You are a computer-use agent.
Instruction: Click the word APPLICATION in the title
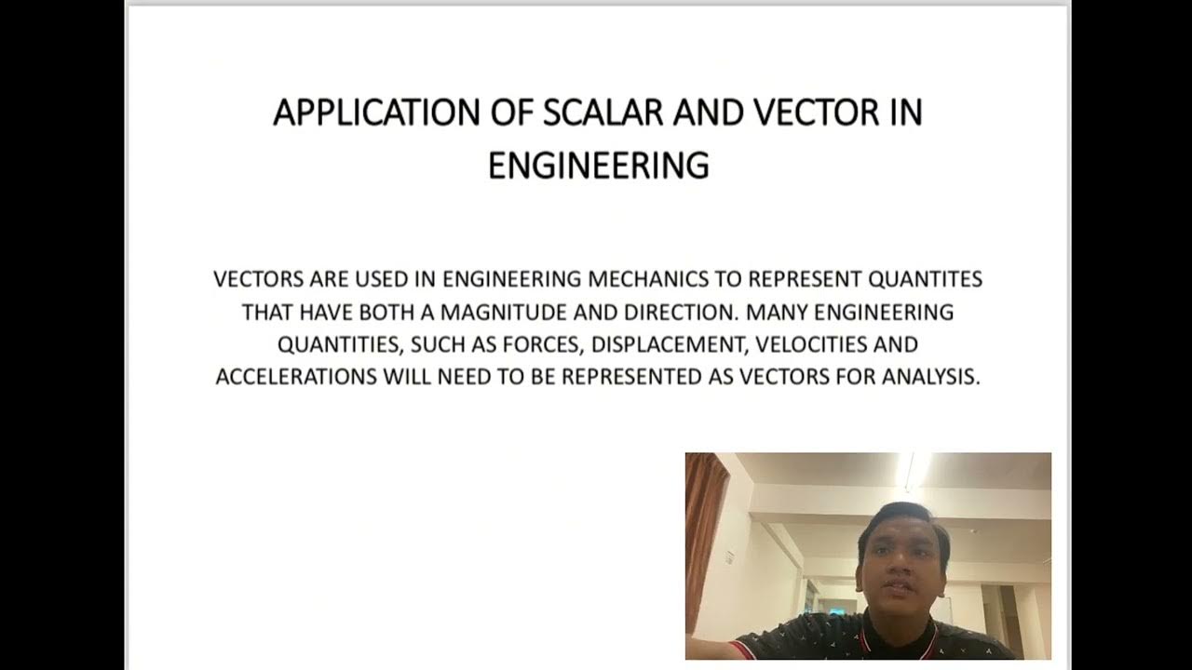point(375,113)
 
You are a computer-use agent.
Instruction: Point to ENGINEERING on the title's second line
point(598,166)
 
